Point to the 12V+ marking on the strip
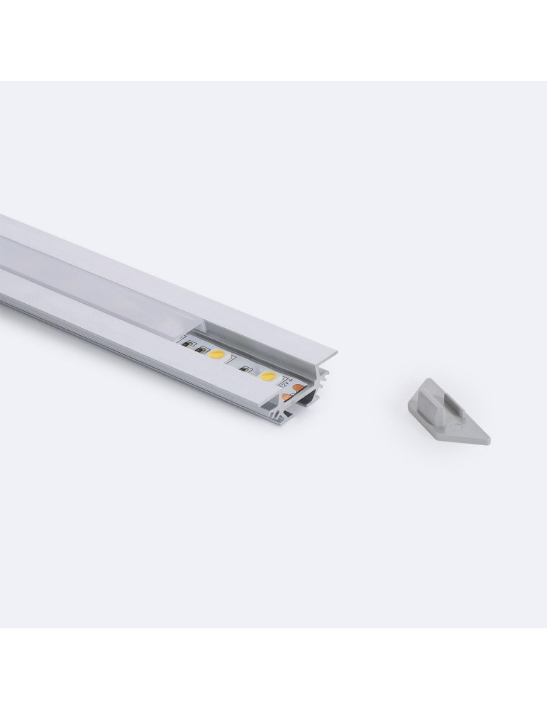(287, 383)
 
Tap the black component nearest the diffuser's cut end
(189, 344)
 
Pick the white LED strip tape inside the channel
(234, 362)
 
